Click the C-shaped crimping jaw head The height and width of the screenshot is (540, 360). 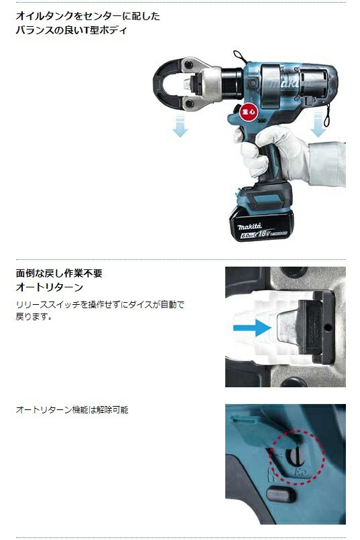click(x=172, y=86)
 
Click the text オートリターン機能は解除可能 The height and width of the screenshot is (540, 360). click(x=72, y=409)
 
